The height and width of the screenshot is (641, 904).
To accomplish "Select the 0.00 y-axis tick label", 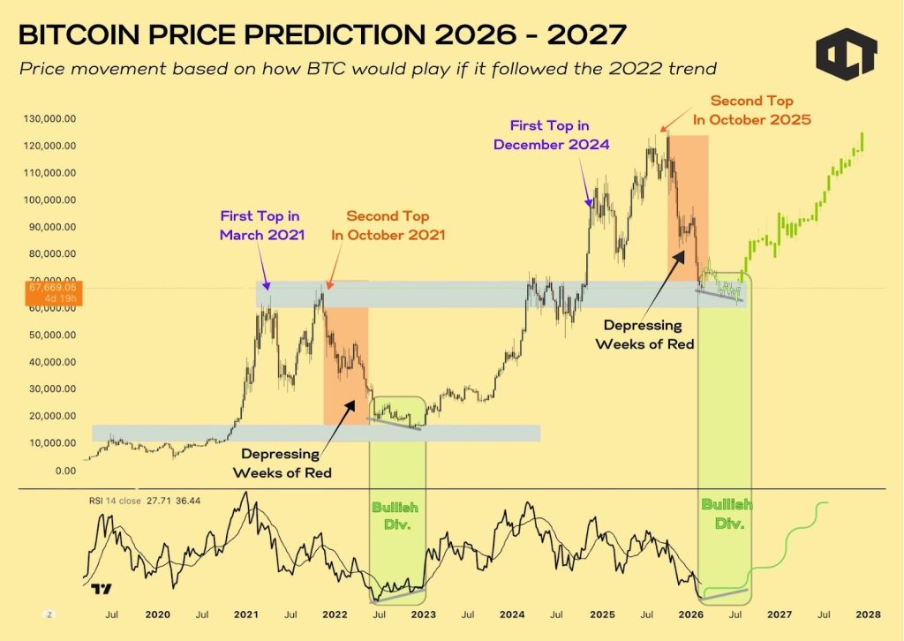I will click(65, 471).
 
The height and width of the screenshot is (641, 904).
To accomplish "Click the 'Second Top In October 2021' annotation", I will click(388, 225).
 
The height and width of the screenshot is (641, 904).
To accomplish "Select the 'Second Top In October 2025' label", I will click(760, 110).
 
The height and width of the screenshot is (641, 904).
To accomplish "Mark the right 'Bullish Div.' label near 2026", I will click(726, 513).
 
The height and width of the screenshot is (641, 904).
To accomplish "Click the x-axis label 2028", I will click(869, 614).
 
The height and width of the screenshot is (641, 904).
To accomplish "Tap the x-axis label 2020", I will click(156, 614).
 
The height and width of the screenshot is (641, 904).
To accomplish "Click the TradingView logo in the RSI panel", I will click(101, 590).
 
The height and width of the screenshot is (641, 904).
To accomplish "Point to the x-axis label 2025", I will click(602, 614).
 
